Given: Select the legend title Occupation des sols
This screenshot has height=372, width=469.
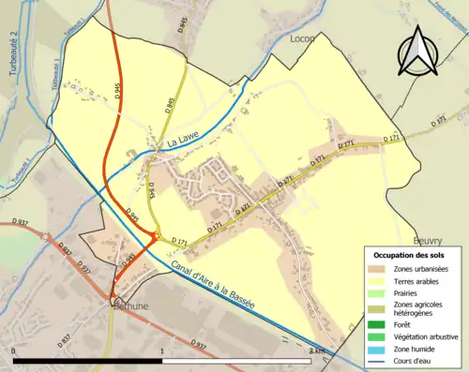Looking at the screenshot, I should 413,255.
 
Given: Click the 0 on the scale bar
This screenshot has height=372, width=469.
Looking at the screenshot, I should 14,351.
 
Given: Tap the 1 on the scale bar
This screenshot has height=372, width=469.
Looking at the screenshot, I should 162,351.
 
